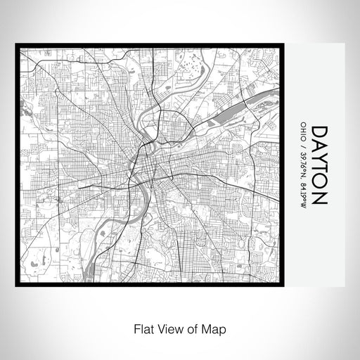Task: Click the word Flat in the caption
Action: (139, 328)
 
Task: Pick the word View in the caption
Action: (167, 328)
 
